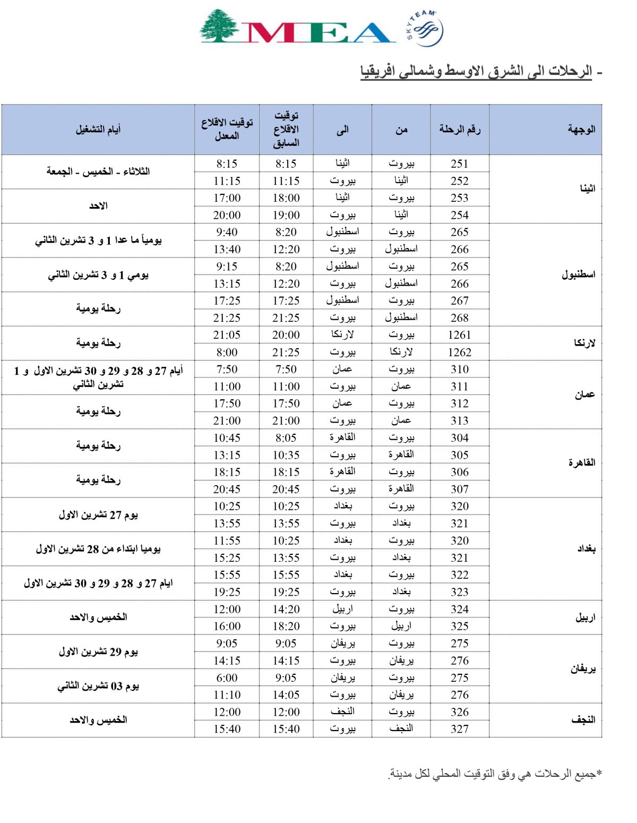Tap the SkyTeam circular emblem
coord(425,28)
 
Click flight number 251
coord(460,164)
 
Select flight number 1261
coord(460,335)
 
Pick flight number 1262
coord(460,352)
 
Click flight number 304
coord(460,438)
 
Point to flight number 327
coord(460,729)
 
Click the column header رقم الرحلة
coord(460,130)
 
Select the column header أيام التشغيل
coord(98,130)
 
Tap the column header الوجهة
coord(581,130)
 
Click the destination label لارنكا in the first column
coord(584,343)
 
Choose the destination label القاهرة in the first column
coord(582,463)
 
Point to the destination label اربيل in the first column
coord(585,618)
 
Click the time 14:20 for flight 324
coord(286,610)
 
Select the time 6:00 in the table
coord(227,678)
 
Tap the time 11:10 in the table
coord(227,695)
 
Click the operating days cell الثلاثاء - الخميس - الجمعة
coord(98,172)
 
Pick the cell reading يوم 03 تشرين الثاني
coord(98,686)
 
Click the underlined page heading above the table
coord(476,71)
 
